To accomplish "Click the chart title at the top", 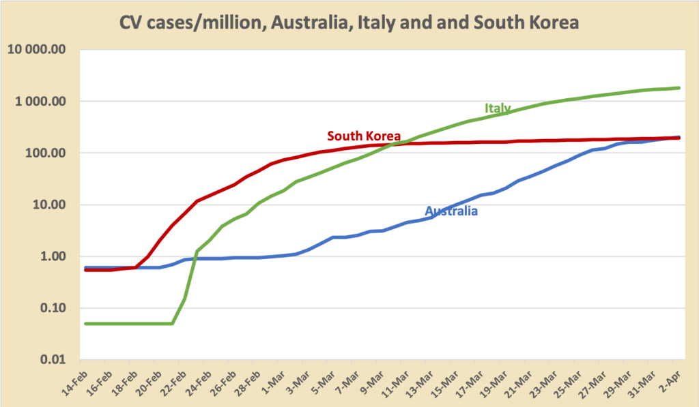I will tap(349, 22).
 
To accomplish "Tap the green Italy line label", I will tap(498, 108).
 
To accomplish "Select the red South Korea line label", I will tap(364, 135).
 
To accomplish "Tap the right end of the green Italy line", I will tap(679, 88).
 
